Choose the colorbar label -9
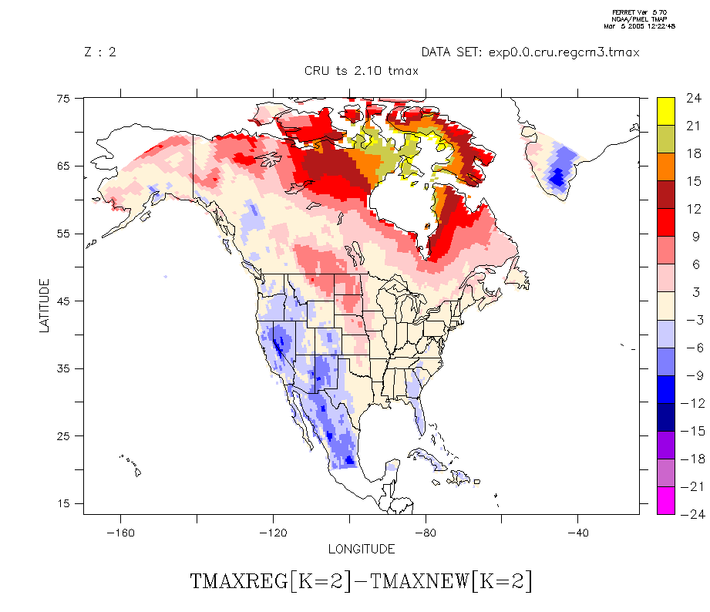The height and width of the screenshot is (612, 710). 691,375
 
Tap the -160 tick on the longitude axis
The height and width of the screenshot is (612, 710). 120,533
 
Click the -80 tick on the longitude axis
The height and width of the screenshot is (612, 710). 425,533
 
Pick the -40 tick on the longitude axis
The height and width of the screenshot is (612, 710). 577,533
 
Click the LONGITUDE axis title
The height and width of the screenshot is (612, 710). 362,550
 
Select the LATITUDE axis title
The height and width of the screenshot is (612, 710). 45,305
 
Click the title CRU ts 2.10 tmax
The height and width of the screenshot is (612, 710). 362,71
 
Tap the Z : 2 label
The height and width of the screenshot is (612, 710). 100,52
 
